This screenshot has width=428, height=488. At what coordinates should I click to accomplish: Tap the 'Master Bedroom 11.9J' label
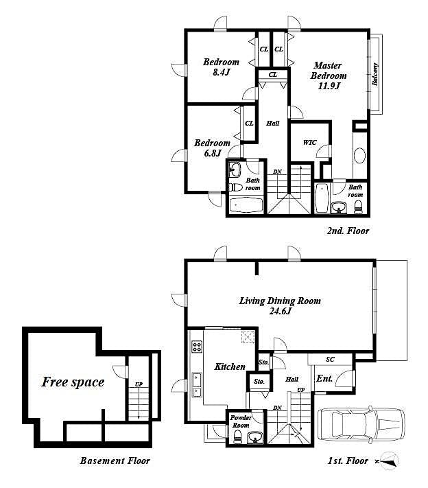(x=329, y=75)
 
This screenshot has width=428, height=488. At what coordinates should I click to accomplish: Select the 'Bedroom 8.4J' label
(x=221, y=67)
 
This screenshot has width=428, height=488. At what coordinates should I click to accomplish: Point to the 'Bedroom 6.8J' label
(x=212, y=148)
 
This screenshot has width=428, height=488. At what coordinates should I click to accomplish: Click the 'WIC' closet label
(x=309, y=143)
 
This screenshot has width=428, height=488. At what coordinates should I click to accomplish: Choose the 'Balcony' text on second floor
(x=375, y=74)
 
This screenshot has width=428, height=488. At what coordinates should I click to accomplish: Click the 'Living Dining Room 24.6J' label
(x=279, y=305)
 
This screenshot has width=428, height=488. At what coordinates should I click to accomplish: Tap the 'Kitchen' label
(x=229, y=367)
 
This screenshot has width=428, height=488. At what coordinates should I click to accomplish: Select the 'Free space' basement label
(x=73, y=382)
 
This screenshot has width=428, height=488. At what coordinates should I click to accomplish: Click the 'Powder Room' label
(x=240, y=420)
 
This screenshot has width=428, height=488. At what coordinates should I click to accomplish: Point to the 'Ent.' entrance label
(x=324, y=378)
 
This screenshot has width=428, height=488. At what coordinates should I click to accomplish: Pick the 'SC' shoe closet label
(x=329, y=359)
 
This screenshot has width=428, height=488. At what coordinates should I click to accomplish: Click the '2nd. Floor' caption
(x=347, y=231)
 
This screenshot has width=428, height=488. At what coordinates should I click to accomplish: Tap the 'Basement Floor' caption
(x=114, y=461)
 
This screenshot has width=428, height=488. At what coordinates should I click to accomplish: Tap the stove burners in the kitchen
(x=198, y=347)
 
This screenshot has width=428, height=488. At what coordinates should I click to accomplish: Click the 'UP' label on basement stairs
(x=139, y=384)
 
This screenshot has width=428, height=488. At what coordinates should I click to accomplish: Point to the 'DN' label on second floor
(x=276, y=172)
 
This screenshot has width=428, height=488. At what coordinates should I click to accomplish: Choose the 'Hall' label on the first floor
(x=292, y=378)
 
